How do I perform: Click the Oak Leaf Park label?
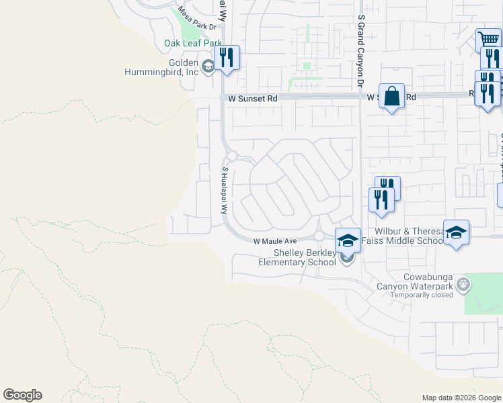193,44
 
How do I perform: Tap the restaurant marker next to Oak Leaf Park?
227,58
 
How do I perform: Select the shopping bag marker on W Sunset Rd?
391,96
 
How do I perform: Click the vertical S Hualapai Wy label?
226,190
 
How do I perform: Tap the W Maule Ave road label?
275,241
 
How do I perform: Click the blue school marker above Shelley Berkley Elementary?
348,240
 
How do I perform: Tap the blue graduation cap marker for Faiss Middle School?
456,232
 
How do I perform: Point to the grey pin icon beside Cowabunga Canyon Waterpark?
463,285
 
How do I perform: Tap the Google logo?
22,395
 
